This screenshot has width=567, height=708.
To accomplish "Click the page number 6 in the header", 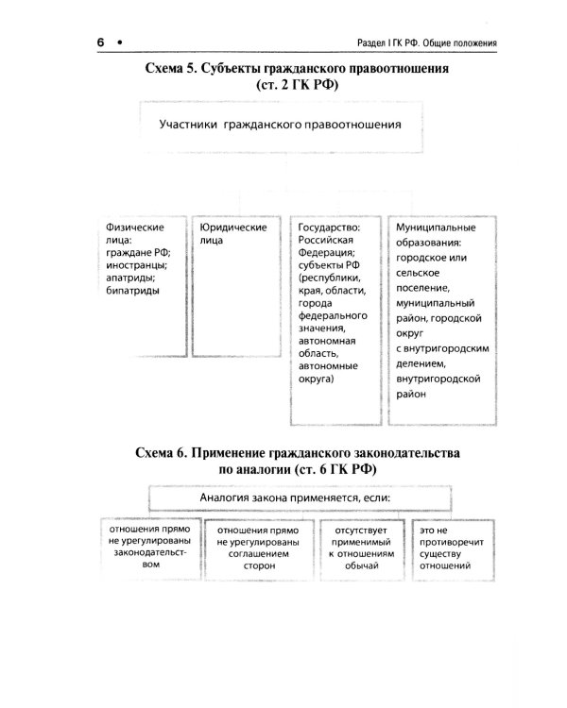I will click(x=98, y=43).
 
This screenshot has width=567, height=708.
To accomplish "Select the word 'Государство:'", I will click(x=329, y=228).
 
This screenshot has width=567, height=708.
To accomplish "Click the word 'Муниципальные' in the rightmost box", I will click(x=436, y=228).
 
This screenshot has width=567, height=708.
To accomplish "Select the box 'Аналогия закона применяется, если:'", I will click(x=296, y=496).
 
